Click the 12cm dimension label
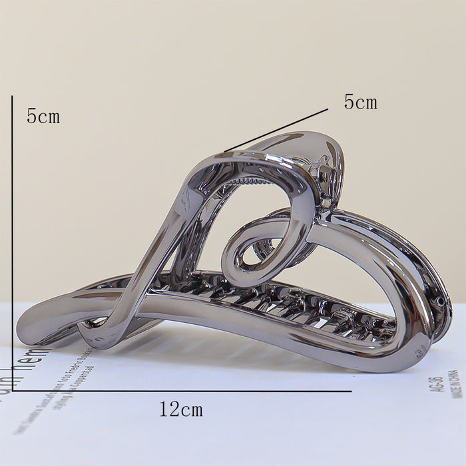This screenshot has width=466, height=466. [x=181, y=409]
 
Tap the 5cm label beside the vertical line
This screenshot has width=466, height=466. [x=43, y=116]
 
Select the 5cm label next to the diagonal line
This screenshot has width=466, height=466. [x=360, y=103]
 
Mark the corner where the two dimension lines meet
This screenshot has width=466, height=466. [x=13, y=391]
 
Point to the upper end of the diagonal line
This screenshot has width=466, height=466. [x=328, y=109]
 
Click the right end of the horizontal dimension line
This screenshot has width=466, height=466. [x=350, y=391]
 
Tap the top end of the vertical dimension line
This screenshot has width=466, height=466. [x=12, y=97]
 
